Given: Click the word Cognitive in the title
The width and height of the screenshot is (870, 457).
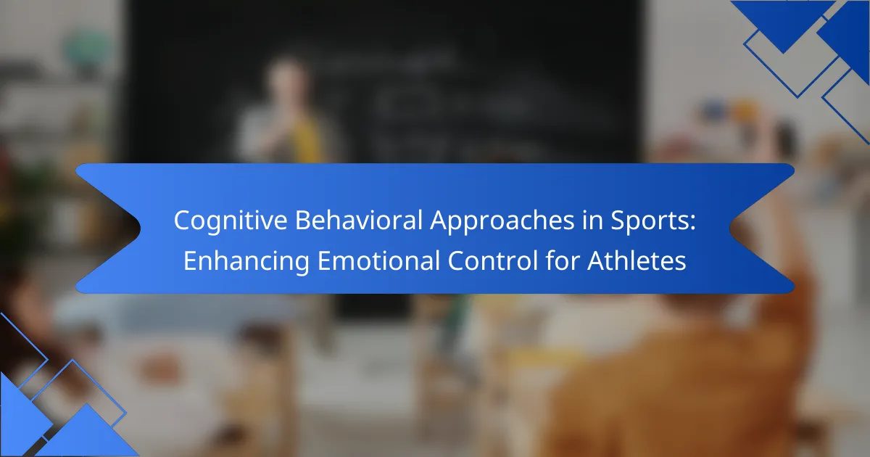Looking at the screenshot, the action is point(231,221).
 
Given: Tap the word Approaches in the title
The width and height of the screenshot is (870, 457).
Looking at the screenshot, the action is point(502,221).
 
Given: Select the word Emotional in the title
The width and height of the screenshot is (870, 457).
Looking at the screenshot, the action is point(378,260).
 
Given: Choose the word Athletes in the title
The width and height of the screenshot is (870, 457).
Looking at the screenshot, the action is point(637,260).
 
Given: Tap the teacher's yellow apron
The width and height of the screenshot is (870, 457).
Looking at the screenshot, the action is point(307,138).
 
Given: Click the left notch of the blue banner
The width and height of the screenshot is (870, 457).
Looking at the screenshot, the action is point(140,228).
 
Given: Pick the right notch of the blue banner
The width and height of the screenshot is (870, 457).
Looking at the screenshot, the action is point(730,228).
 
